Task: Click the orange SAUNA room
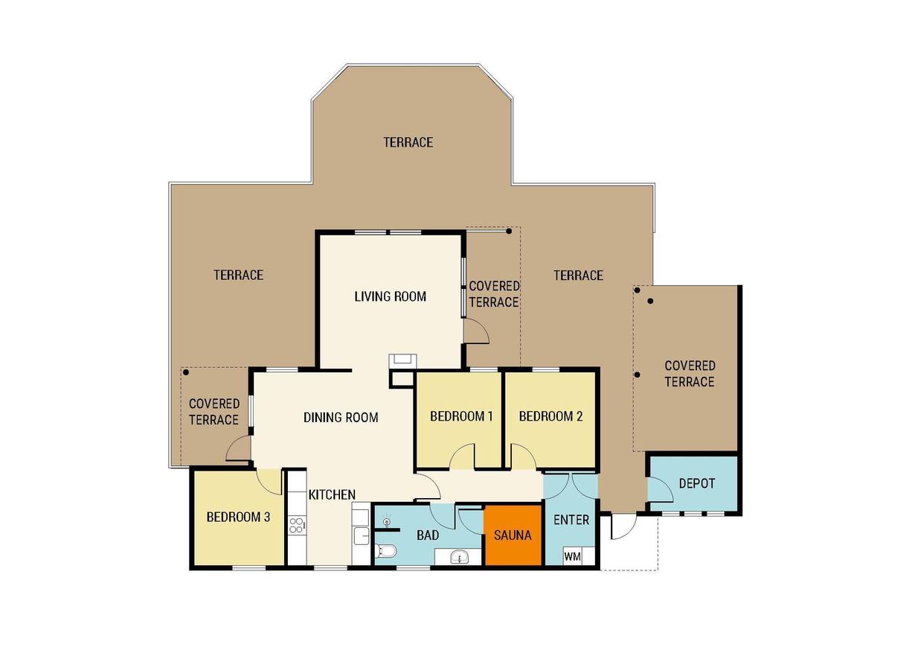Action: (514, 535)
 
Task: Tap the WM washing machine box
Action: (573, 556)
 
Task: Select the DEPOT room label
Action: (697, 483)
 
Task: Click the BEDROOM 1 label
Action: (461, 416)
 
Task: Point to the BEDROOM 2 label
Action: (551, 416)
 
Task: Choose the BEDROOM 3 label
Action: (238, 517)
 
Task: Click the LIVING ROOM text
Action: (390, 296)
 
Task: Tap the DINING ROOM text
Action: (341, 418)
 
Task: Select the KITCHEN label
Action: (332, 494)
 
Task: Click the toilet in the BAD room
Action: (385, 551)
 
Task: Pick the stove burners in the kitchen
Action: (297, 526)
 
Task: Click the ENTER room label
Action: (571, 520)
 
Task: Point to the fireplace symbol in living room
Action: (403, 360)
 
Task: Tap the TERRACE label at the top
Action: (408, 142)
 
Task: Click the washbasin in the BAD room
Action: (460, 557)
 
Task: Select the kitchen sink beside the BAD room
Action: (362, 535)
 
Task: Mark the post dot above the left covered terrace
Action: (186, 372)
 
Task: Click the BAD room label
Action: (428, 535)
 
